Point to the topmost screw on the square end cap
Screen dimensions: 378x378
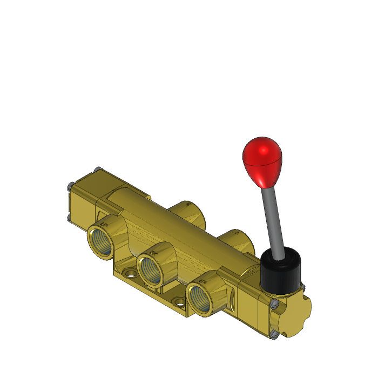(x=97, y=170)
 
